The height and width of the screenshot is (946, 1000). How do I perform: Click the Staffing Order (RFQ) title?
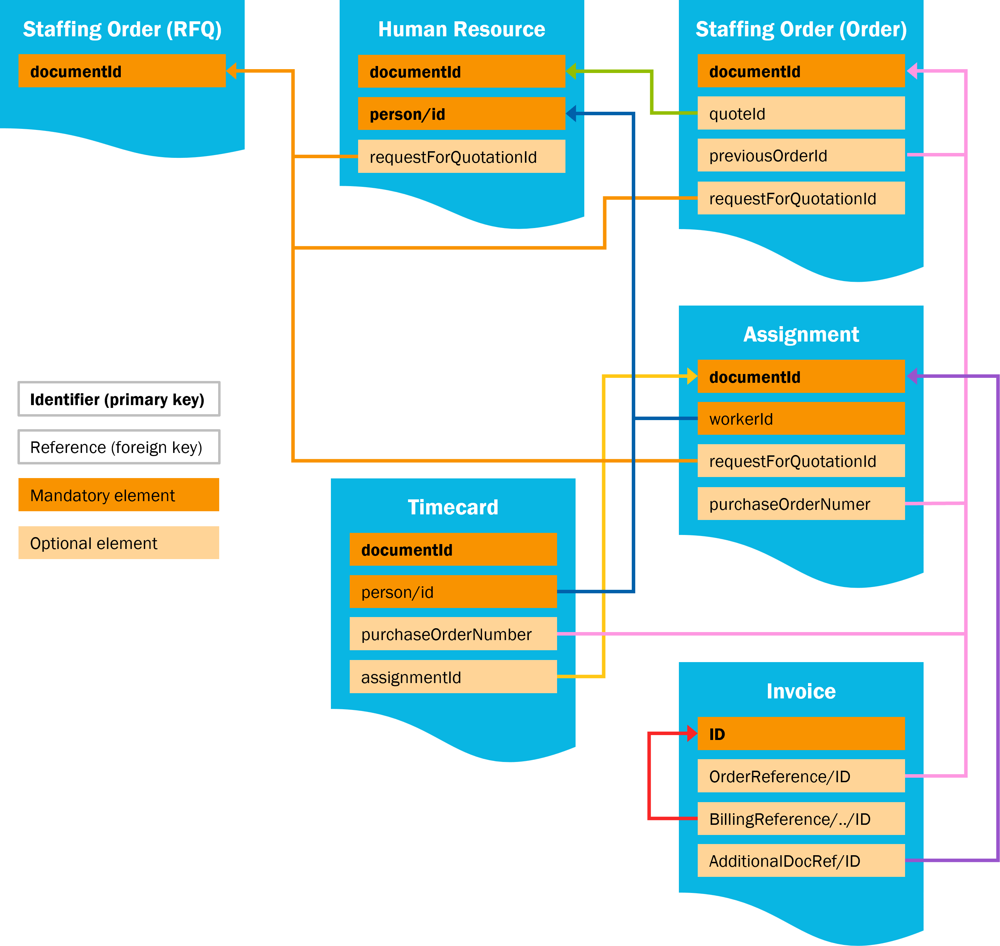point(123,29)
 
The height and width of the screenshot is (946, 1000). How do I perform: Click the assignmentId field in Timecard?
point(453,677)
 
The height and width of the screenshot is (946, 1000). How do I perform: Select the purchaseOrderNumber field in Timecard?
point(453,634)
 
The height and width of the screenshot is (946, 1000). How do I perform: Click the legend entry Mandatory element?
point(118,495)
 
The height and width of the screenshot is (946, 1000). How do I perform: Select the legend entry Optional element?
point(118,543)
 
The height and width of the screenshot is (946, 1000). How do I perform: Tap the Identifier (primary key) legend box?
point(118,399)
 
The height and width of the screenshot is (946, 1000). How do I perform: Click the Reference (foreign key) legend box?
point(118,447)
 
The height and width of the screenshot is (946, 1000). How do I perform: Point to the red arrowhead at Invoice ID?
point(692,733)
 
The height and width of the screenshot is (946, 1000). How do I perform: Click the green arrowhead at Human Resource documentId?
point(571,72)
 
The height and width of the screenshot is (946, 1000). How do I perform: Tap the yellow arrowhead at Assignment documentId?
point(692,376)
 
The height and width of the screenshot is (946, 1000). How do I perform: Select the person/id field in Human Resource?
point(461,114)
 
